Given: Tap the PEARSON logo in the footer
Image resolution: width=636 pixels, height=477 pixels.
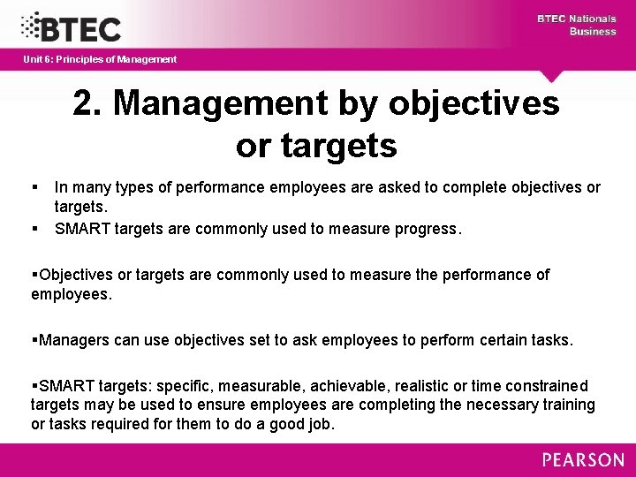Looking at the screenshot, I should coord(582,459).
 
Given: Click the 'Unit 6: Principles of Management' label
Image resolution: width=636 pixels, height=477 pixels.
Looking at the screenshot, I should coord(100,59).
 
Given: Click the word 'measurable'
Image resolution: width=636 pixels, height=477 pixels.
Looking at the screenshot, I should coord(260,386).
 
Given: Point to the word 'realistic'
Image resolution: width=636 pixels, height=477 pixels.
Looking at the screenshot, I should coord(415,386).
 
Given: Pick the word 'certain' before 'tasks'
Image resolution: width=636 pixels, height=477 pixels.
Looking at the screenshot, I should coord(498,340).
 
